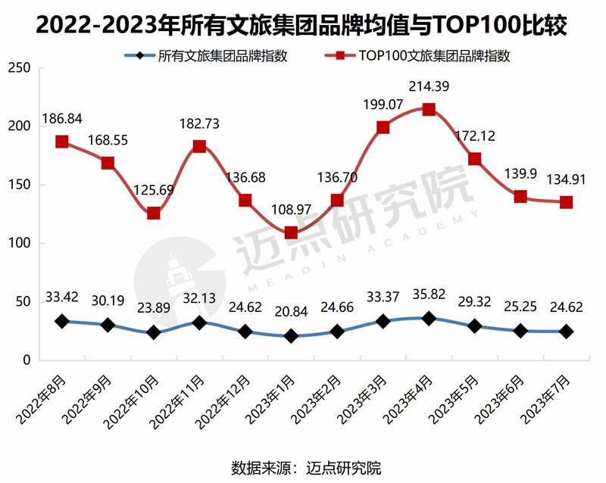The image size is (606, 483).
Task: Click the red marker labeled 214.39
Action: pos(429,109)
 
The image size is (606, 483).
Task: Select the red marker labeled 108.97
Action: pos(291,232)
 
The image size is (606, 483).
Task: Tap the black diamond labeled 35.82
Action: pos(429,319)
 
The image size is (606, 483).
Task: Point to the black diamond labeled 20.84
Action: pos(291,336)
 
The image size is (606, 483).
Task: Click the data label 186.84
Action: pos(62,119)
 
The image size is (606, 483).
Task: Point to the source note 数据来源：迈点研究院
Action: pos(306,466)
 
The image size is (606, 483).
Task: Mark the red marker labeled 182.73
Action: pos(199,146)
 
